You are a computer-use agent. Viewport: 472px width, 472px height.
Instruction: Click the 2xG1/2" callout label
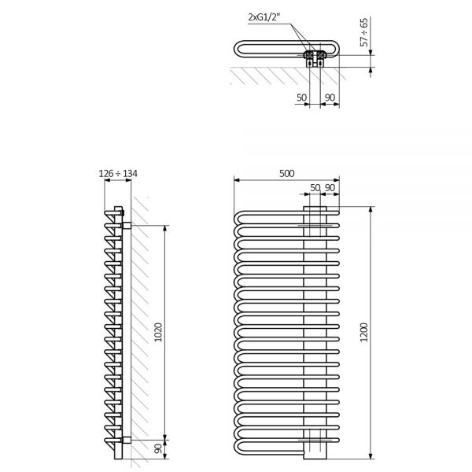click(264, 17)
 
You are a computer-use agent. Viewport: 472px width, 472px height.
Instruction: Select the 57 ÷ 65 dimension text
click(364, 32)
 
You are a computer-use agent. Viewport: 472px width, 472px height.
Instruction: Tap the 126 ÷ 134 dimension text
click(118, 173)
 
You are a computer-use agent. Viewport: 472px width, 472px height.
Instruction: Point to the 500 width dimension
click(286, 173)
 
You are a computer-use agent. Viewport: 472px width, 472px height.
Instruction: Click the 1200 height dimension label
click(364, 332)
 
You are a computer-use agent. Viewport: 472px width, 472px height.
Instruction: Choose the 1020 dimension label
click(158, 332)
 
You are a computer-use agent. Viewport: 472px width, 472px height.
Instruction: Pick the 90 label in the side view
click(158, 449)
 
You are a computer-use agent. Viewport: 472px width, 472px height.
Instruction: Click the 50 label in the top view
click(301, 98)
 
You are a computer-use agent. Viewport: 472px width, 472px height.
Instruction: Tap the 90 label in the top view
click(330, 98)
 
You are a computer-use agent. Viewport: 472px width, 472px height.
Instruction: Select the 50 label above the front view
click(315, 188)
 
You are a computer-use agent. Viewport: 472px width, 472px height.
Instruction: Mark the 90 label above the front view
click(330, 188)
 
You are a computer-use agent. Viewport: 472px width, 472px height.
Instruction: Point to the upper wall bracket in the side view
click(127, 226)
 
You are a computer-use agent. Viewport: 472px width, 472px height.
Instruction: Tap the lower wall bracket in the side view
click(127, 440)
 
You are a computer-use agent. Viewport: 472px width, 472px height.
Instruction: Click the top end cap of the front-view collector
click(315, 208)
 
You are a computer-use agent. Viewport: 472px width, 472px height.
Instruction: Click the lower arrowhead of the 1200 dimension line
click(371, 456)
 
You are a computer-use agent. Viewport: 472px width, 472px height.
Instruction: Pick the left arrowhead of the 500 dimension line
click(237, 180)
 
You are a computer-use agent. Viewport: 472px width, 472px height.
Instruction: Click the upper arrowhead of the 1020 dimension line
click(164, 228)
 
